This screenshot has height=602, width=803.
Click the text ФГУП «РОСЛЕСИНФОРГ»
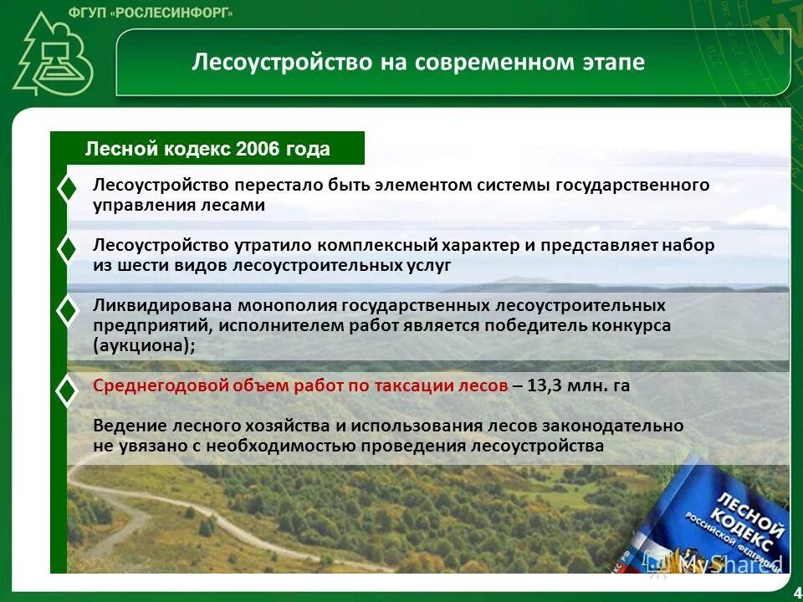tap(172, 13)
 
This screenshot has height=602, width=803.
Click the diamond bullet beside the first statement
tap(67, 190)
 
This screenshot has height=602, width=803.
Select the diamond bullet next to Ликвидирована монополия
tap(67, 310)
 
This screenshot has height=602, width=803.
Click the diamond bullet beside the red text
tap(67, 390)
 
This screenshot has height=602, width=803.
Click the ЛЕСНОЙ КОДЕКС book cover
tap(719, 527)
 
